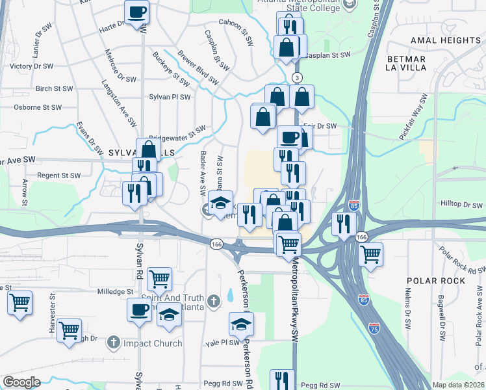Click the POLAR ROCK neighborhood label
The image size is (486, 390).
(x=436, y=280)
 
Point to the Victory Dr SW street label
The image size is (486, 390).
(x=31, y=66)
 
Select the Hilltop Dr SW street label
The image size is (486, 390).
(x=462, y=203)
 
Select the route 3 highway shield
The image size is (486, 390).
(x=298, y=78)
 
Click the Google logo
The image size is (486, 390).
(x=21, y=382)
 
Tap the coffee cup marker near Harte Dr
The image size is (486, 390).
(x=137, y=12)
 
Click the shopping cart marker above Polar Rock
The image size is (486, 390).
(x=370, y=254)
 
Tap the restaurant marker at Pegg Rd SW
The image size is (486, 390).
(x=282, y=380)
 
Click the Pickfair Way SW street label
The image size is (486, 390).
(x=414, y=118)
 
